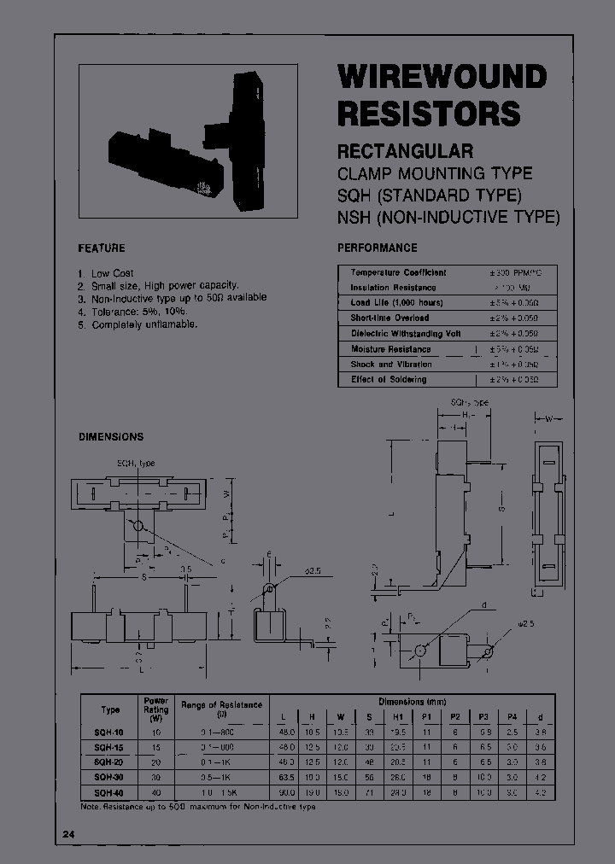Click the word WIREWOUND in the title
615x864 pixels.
pos(442,77)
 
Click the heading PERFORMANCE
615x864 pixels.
pos(378,248)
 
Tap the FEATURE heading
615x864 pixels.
pos(102,248)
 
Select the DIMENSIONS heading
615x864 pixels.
pos(111,436)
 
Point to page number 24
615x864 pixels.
pos(68,833)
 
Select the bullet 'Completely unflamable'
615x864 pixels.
pos(144,325)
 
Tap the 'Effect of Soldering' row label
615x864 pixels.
pos(389,379)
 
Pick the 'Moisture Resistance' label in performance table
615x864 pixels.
pos(390,349)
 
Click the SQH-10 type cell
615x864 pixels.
pos(110,733)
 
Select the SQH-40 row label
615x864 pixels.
pos(110,793)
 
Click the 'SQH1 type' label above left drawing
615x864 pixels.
pos(136,463)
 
